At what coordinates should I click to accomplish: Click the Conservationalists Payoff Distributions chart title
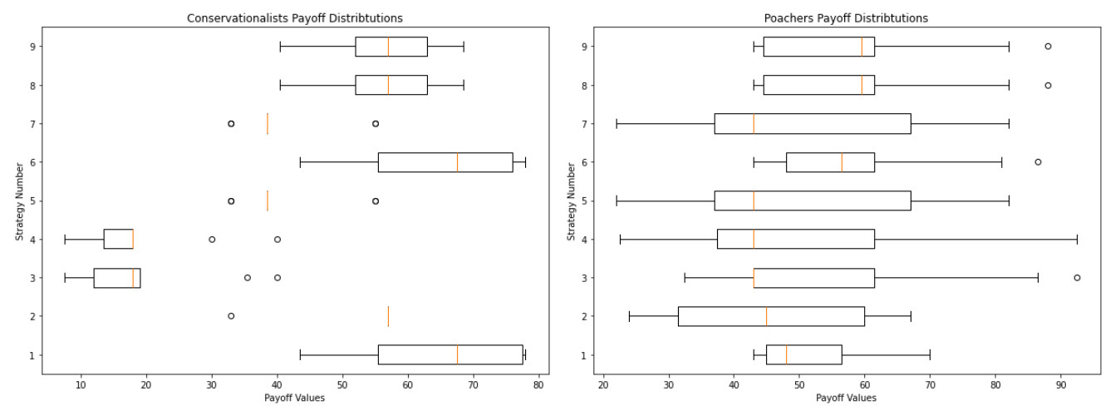pos(295,17)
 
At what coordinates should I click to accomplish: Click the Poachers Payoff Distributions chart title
pos(846,17)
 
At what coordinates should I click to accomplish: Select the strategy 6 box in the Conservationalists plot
pos(445,162)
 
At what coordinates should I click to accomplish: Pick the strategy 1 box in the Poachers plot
pos(803,355)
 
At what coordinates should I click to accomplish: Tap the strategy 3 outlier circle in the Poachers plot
pos(1077,278)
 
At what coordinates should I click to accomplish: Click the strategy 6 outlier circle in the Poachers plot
pos(1038,162)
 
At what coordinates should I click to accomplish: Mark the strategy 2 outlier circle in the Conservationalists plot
pos(231,316)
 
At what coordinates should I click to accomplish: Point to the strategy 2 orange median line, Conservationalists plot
pos(388,316)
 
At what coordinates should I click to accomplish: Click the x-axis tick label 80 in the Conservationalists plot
pos(538,385)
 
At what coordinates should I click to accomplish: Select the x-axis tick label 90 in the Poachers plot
pos(1060,385)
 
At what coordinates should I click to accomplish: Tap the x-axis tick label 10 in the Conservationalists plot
pos(81,385)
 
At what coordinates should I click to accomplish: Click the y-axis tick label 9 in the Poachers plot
pos(585,47)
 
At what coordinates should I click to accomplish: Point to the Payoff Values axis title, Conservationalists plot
pos(294,399)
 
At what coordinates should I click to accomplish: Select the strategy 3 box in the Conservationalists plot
pos(116,278)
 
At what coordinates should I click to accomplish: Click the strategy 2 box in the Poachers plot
pos(771,316)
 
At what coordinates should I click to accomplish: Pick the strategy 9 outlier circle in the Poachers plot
pos(1048,47)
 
